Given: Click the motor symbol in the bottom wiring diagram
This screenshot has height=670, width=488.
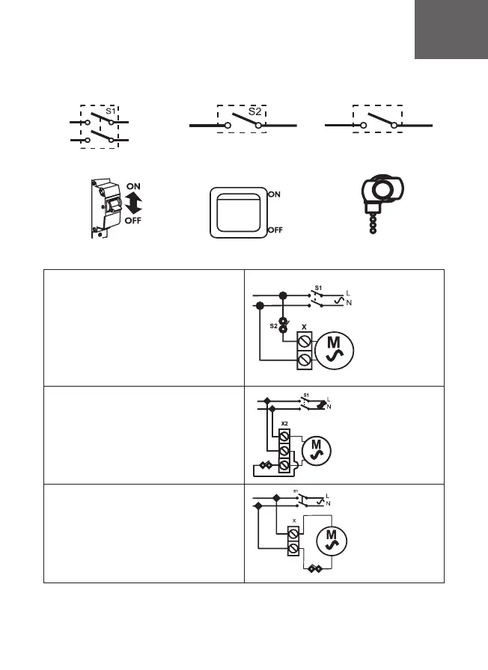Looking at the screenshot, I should tap(330, 545).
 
